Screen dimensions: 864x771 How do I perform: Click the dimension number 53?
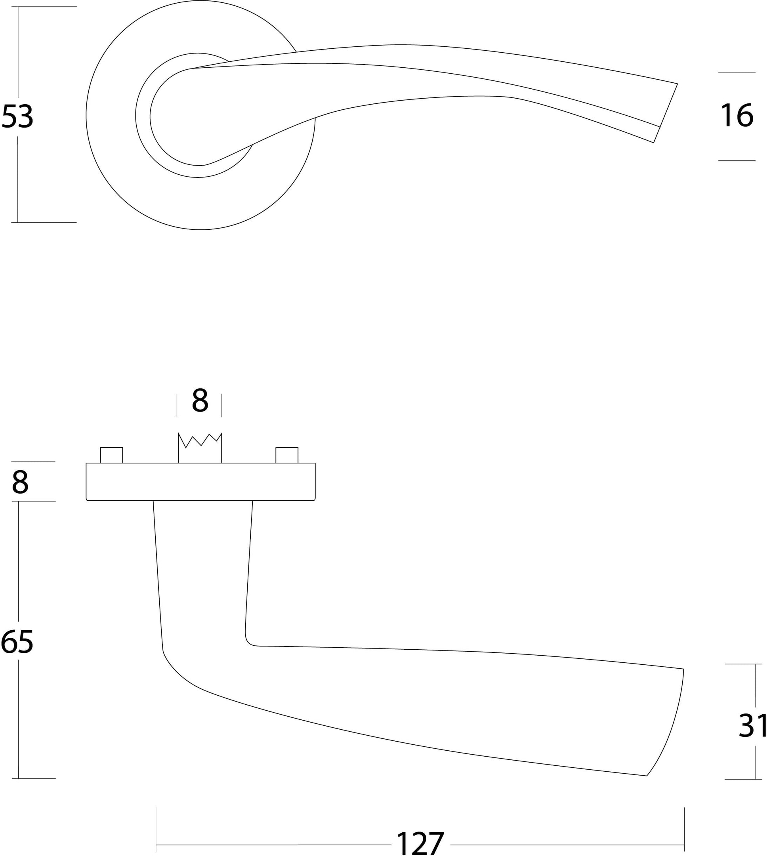(17, 116)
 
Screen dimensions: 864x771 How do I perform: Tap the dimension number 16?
(737, 115)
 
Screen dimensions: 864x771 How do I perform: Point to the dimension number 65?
(17, 642)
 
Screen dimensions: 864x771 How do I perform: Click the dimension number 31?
(753, 725)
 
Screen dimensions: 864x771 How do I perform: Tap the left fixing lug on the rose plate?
(111, 455)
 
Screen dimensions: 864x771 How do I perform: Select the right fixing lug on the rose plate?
(287, 455)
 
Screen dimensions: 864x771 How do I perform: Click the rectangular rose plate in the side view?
(200, 482)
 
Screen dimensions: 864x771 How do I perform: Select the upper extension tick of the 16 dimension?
(737, 72)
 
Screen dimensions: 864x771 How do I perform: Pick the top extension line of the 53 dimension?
(44, 6)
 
